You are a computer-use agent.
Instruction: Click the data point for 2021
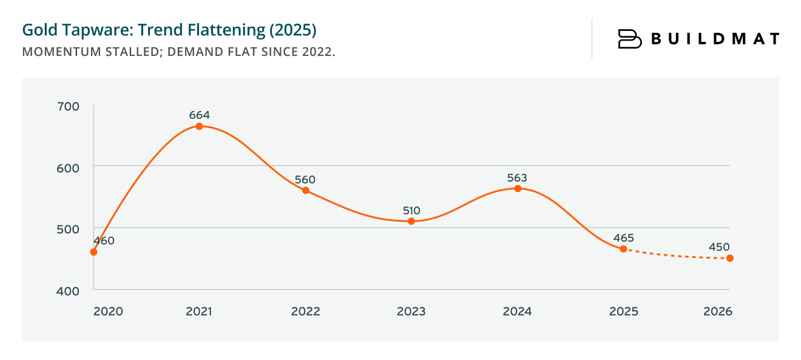(199, 126)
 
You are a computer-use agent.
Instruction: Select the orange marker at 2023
(411, 221)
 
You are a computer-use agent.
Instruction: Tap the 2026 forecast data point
(730, 258)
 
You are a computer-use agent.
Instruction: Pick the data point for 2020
(93, 252)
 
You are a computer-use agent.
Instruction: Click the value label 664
(199, 115)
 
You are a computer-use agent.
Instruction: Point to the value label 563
(517, 178)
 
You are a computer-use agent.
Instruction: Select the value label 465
(623, 238)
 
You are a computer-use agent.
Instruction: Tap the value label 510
(411, 211)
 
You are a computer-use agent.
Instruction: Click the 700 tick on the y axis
(67, 106)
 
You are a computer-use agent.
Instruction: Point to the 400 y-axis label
(67, 291)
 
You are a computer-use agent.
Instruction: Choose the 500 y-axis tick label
(67, 229)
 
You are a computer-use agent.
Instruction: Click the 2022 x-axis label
(305, 311)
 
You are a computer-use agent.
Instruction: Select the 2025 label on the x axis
(623, 311)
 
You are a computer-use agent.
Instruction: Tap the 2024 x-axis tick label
(517, 311)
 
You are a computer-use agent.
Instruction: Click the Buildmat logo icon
(629, 39)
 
